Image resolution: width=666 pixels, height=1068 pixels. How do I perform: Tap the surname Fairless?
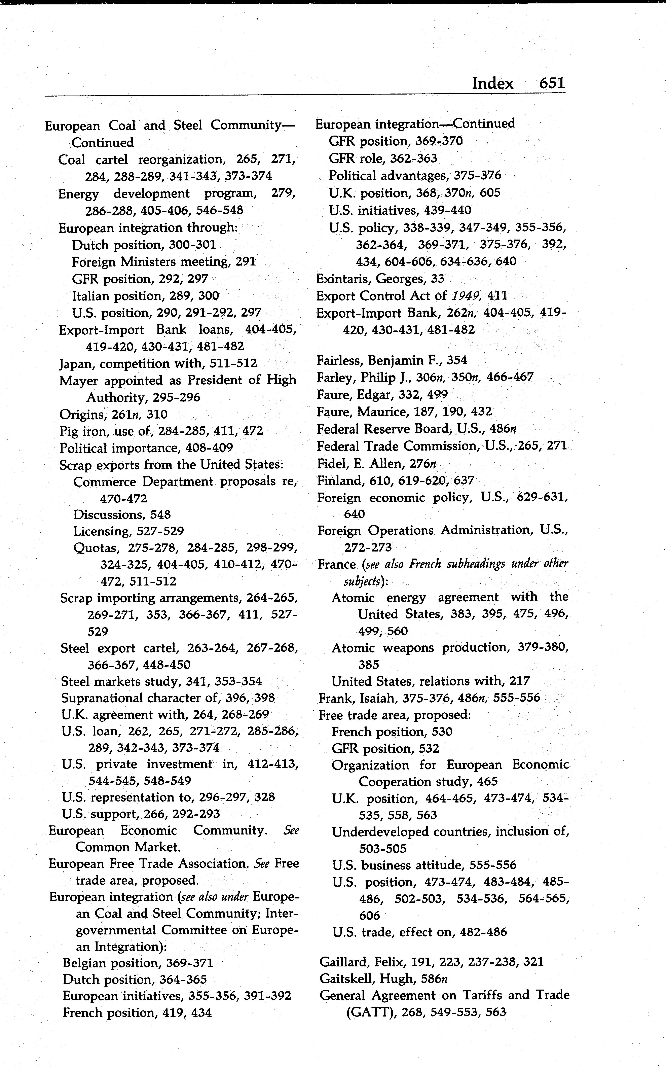[x=338, y=360]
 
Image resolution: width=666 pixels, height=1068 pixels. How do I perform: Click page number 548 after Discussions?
[x=160, y=515]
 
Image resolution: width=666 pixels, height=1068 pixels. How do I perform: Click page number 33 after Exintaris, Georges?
[x=438, y=279]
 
